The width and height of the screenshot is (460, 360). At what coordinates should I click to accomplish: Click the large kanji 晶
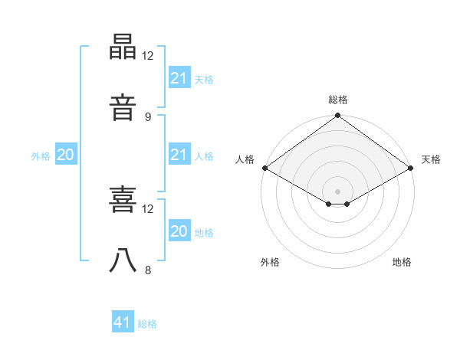click(123, 47)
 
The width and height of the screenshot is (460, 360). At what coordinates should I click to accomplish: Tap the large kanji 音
click(123, 107)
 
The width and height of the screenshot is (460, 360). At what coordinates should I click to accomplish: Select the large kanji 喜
click(123, 199)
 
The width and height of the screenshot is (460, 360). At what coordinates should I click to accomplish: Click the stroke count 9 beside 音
click(148, 117)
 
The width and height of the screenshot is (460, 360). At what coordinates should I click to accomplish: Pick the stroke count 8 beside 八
click(148, 270)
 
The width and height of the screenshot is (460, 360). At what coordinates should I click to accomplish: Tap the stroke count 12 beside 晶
click(147, 56)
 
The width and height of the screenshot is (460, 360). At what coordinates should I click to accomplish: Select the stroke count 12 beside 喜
click(147, 209)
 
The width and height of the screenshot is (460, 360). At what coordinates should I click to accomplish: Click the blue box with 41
click(123, 321)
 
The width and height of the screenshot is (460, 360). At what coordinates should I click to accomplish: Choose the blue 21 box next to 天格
click(179, 77)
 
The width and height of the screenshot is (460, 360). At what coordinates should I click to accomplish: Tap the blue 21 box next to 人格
click(179, 154)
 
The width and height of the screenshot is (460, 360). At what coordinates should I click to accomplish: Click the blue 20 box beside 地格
click(179, 230)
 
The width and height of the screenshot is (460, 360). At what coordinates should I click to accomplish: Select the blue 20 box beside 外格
click(66, 154)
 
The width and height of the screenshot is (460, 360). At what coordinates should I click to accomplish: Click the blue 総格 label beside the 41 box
click(147, 324)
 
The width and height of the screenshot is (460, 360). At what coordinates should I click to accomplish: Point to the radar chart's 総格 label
click(338, 100)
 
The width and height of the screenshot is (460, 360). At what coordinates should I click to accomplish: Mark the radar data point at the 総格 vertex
click(337, 115)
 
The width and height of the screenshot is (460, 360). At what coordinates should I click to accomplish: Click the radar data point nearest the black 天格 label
click(410, 168)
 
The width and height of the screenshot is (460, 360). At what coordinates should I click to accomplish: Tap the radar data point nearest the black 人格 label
click(265, 168)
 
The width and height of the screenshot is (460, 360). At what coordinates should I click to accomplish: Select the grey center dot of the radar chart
click(337, 191)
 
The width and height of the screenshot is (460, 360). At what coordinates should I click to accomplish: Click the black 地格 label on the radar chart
click(402, 262)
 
